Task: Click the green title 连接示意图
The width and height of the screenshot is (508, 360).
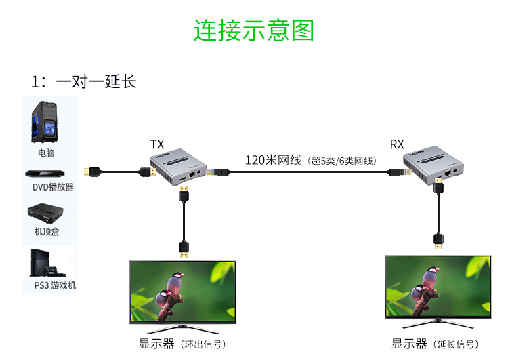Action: [254, 31]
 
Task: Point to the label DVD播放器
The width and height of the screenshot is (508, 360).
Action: [53, 187]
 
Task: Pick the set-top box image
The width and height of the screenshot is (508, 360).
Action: [49, 212]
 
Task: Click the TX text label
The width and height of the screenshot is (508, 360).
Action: [156, 144]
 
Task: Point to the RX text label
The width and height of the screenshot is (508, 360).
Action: [397, 144]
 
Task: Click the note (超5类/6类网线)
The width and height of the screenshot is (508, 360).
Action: [341, 161]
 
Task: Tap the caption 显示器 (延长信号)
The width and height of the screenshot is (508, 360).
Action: [437, 344]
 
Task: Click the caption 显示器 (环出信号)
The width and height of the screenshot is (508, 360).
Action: [182, 344]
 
